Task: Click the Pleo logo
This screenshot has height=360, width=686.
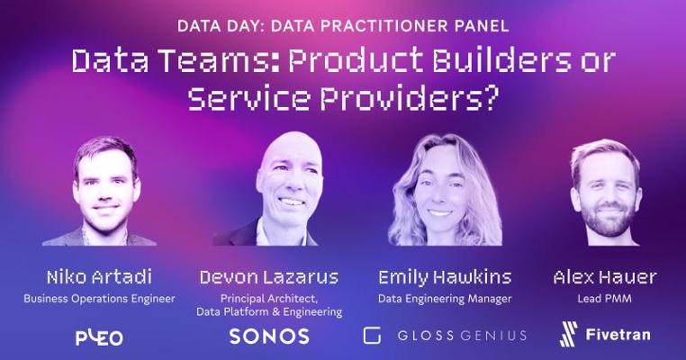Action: click(99, 337)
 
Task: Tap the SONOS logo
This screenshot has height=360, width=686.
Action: click(269, 336)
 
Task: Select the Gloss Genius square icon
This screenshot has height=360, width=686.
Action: click(372, 336)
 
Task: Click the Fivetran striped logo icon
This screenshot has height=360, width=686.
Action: click(568, 334)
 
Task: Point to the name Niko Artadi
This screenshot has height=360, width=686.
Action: click(99, 277)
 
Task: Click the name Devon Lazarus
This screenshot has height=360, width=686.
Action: click(269, 277)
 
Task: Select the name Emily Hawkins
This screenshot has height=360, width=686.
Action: click(445, 277)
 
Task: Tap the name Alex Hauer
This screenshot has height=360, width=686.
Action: click(605, 277)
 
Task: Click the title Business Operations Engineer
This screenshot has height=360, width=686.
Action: click(99, 299)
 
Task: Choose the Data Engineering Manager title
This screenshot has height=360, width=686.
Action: click(445, 299)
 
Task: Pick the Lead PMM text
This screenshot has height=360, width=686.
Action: click(604, 299)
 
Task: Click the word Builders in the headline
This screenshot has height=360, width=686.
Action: click(501, 60)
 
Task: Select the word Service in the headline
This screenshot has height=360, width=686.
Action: click(248, 97)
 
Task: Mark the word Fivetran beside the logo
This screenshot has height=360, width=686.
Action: click(618, 335)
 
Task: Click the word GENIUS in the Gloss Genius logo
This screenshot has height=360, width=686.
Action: click(493, 336)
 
